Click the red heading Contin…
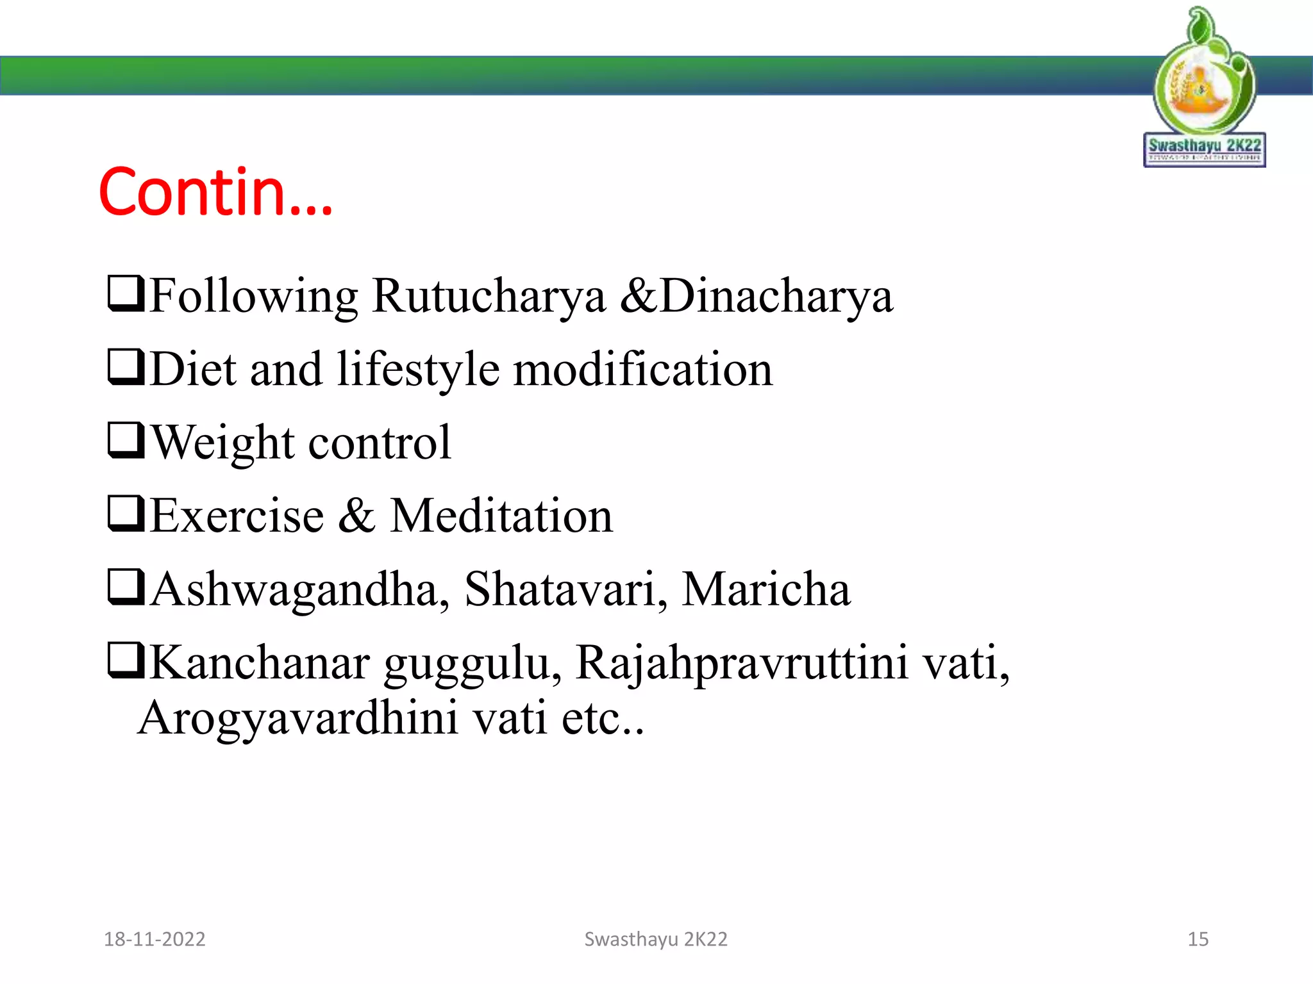click(215, 192)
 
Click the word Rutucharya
click(488, 297)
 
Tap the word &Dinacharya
click(756, 297)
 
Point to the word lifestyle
click(417, 370)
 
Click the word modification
click(643, 370)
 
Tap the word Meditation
click(501, 516)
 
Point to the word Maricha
click(765, 589)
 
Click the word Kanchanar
click(260, 662)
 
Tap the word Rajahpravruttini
click(742, 664)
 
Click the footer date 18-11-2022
click(155, 939)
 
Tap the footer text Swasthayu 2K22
click(656, 939)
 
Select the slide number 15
click(1198, 939)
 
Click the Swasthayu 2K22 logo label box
click(1204, 150)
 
